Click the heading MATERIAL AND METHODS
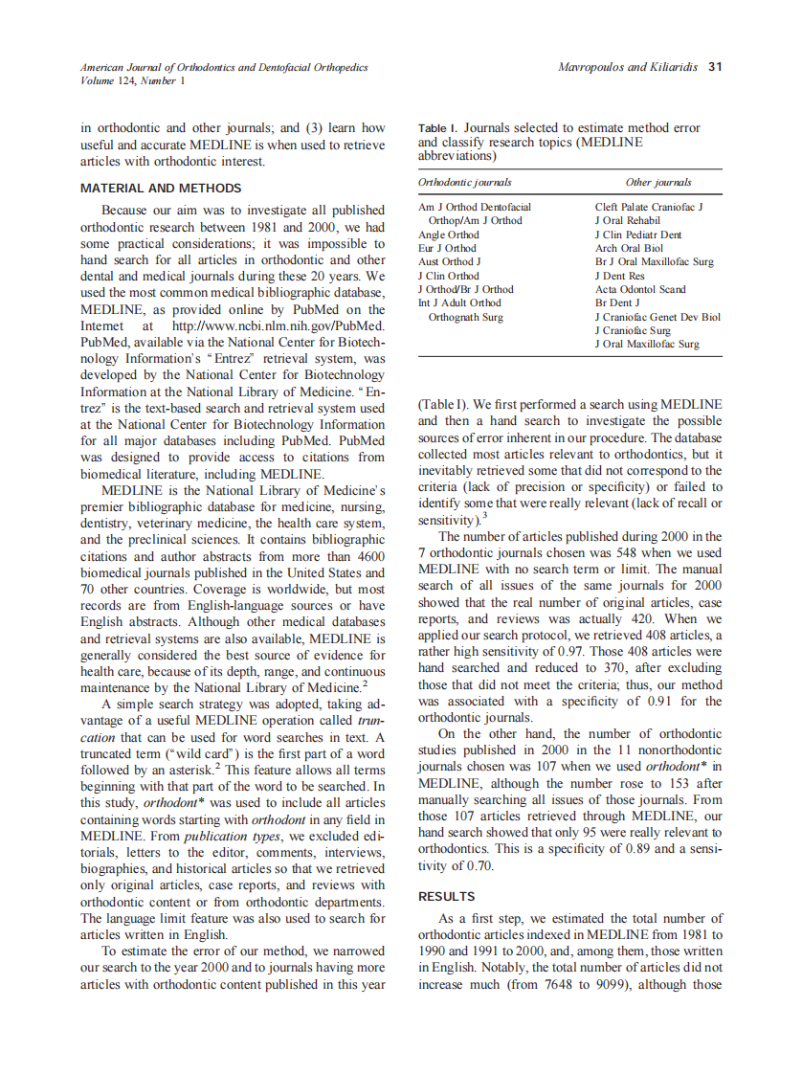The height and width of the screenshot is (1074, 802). click(x=161, y=188)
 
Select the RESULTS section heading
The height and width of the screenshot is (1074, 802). click(x=446, y=897)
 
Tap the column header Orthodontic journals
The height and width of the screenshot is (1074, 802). click(x=464, y=182)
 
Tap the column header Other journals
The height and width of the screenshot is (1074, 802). click(x=657, y=182)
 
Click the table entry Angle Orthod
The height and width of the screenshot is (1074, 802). click(x=449, y=235)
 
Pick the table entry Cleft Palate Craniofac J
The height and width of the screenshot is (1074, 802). click(x=648, y=207)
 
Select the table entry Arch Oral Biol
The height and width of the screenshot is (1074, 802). click(x=629, y=248)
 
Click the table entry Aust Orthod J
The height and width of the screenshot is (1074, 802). click(x=449, y=261)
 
